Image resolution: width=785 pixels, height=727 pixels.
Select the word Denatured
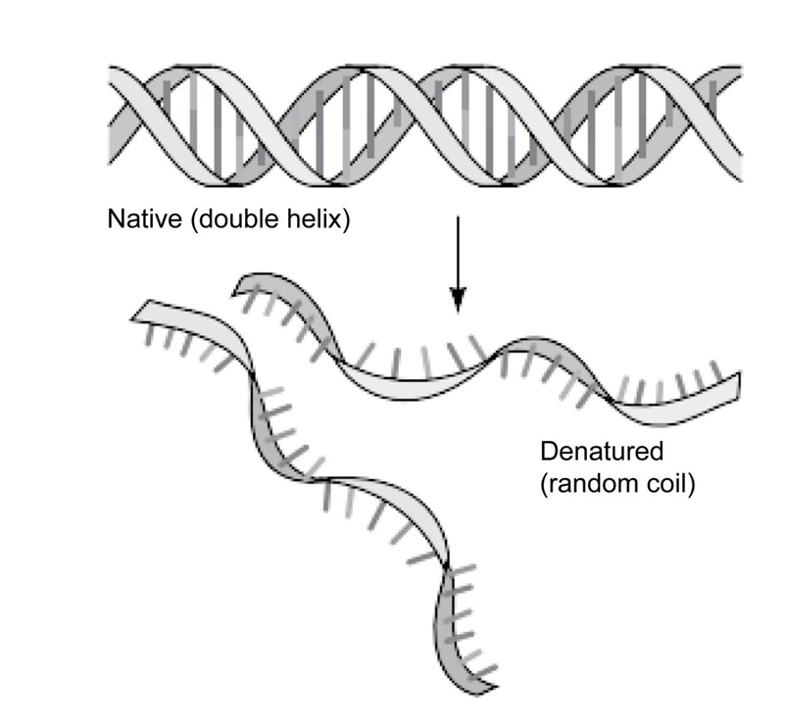(602, 454)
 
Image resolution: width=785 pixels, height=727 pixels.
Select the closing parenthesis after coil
(692, 486)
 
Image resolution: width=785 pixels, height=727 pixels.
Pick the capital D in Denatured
(548, 454)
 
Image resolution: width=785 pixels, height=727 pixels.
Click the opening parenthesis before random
(544, 486)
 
